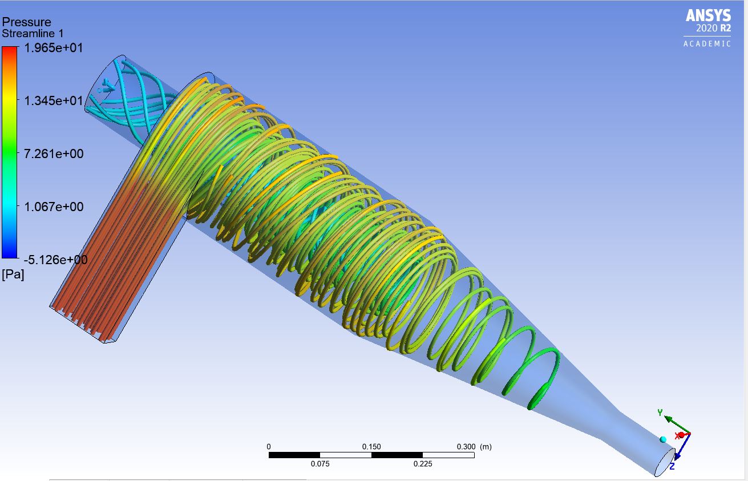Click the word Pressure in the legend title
(x=27, y=22)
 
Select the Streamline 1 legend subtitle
(x=33, y=34)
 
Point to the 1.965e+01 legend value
(x=54, y=48)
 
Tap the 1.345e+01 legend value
(x=54, y=101)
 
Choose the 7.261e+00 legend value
(x=54, y=154)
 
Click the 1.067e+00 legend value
(x=54, y=207)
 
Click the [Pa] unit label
(x=13, y=275)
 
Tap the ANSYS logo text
(x=708, y=15)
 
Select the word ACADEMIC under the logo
(x=707, y=44)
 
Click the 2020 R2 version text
(x=713, y=29)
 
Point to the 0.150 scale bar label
(x=372, y=447)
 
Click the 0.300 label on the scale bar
(x=466, y=447)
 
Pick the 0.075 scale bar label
(x=320, y=464)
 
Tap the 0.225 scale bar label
(x=423, y=464)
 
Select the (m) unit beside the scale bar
(x=486, y=447)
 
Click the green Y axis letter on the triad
(x=660, y=413)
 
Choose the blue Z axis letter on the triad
(x=672, y=466)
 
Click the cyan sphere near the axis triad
(x=663, y=439)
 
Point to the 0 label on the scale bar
(x=269, y=447)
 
